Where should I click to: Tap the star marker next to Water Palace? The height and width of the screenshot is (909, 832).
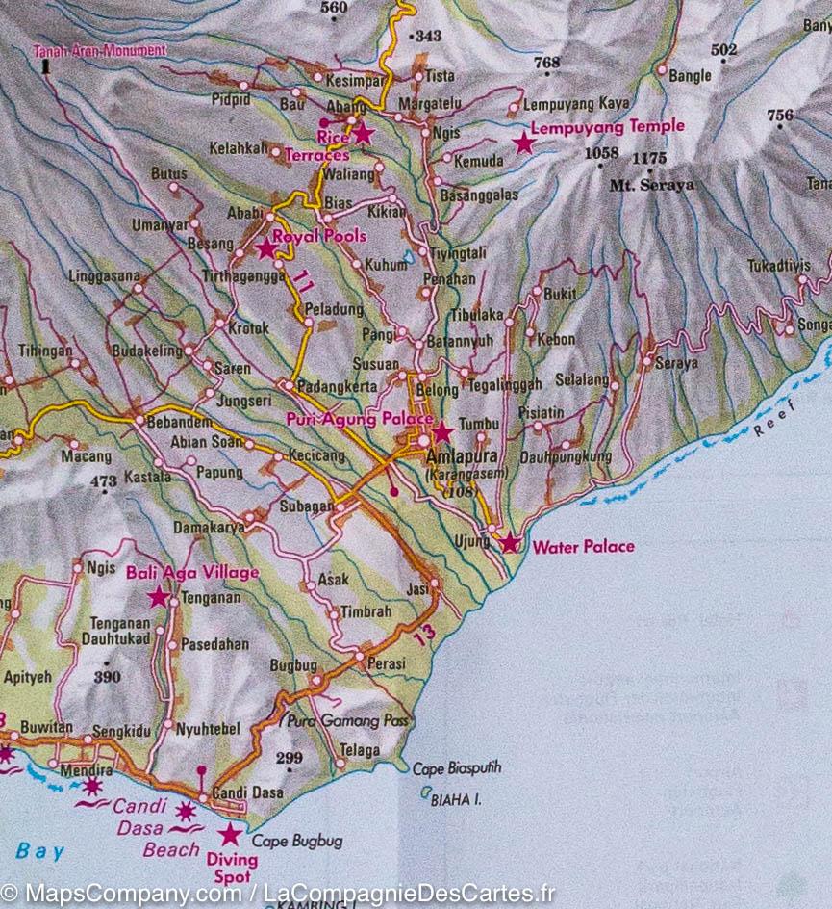tap(510, 544)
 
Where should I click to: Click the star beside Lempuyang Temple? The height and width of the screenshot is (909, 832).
tap(523, 143)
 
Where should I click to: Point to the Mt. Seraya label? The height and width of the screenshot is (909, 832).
tap(651, 185)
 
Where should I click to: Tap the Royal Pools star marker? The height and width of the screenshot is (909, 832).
tap(266, 249)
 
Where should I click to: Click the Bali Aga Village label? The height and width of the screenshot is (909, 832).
tap(192, 573)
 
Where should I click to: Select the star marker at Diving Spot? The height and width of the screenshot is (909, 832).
tap(230, 834)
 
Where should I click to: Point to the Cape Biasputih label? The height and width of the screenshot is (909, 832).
tap(457, 768)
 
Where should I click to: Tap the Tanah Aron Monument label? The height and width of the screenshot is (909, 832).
tap(99, 50)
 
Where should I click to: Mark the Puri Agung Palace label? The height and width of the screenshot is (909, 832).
tap(360, 419)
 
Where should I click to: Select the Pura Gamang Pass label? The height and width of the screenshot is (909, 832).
tap(348, 720)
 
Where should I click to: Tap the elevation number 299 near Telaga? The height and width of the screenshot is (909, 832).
tap(289, 758)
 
